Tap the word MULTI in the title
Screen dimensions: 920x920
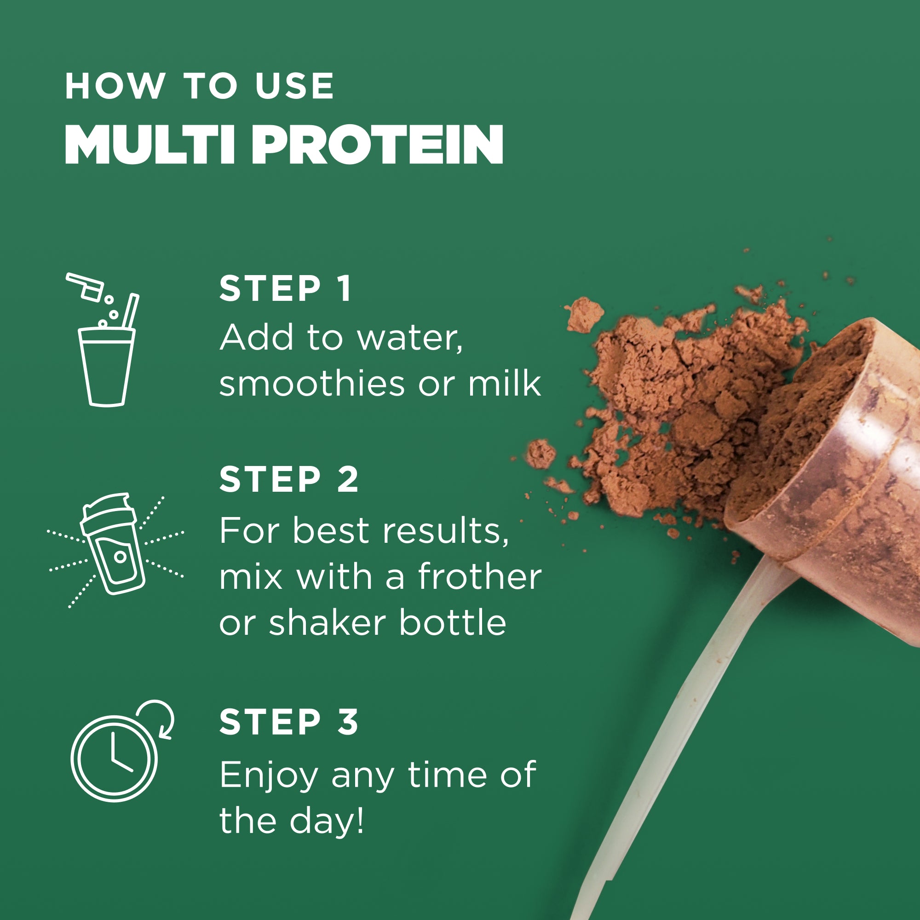[149, 145]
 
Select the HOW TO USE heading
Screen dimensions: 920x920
[200, 86]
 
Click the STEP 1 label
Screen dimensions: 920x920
[285, 288]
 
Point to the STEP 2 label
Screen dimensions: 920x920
[288, 479]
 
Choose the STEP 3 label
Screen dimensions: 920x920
[288, 722]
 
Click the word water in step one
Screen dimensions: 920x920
[409, 338]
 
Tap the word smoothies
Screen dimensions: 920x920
[312, 383]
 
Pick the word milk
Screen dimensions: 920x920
[505, 383]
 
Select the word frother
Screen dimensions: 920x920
[480, 577]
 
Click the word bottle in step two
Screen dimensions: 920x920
[452, 623]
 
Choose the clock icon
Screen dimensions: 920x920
[114, 758]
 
